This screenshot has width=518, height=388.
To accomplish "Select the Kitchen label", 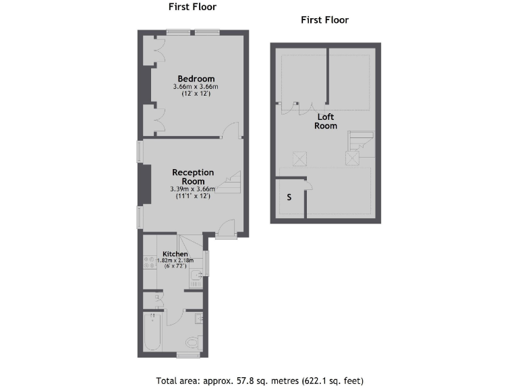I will click(175, 253).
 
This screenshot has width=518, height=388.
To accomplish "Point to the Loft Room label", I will click(325, 121).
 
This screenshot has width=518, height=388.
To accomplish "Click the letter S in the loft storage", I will click(289, 197).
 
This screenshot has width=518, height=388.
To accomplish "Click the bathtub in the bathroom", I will click(152, 332).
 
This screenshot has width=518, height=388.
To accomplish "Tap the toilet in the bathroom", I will click(192, 342).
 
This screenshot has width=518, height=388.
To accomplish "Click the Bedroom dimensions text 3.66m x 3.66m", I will click(196, 87).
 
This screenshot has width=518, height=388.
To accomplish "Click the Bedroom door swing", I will click(231, 129).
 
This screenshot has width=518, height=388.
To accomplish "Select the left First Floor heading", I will click(192, 7).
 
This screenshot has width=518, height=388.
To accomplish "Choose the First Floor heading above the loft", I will click(324, 20).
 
